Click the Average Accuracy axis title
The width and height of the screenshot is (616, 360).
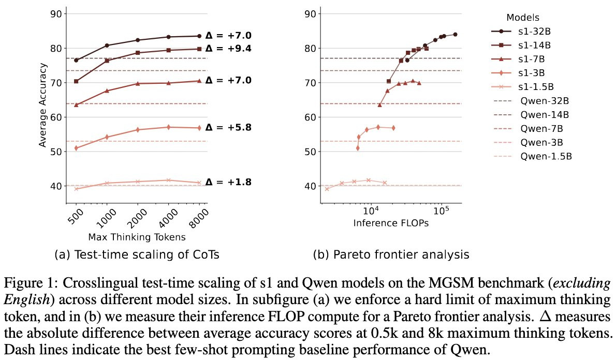(43, 105)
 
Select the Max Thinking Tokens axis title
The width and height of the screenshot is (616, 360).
(137, 237)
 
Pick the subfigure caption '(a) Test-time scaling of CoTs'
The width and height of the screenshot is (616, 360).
(134, 254)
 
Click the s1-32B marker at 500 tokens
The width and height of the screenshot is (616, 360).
(77, 60)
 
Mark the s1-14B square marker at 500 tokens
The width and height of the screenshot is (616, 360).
(77, 81)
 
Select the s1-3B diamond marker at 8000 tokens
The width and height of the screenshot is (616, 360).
(199, 128)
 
